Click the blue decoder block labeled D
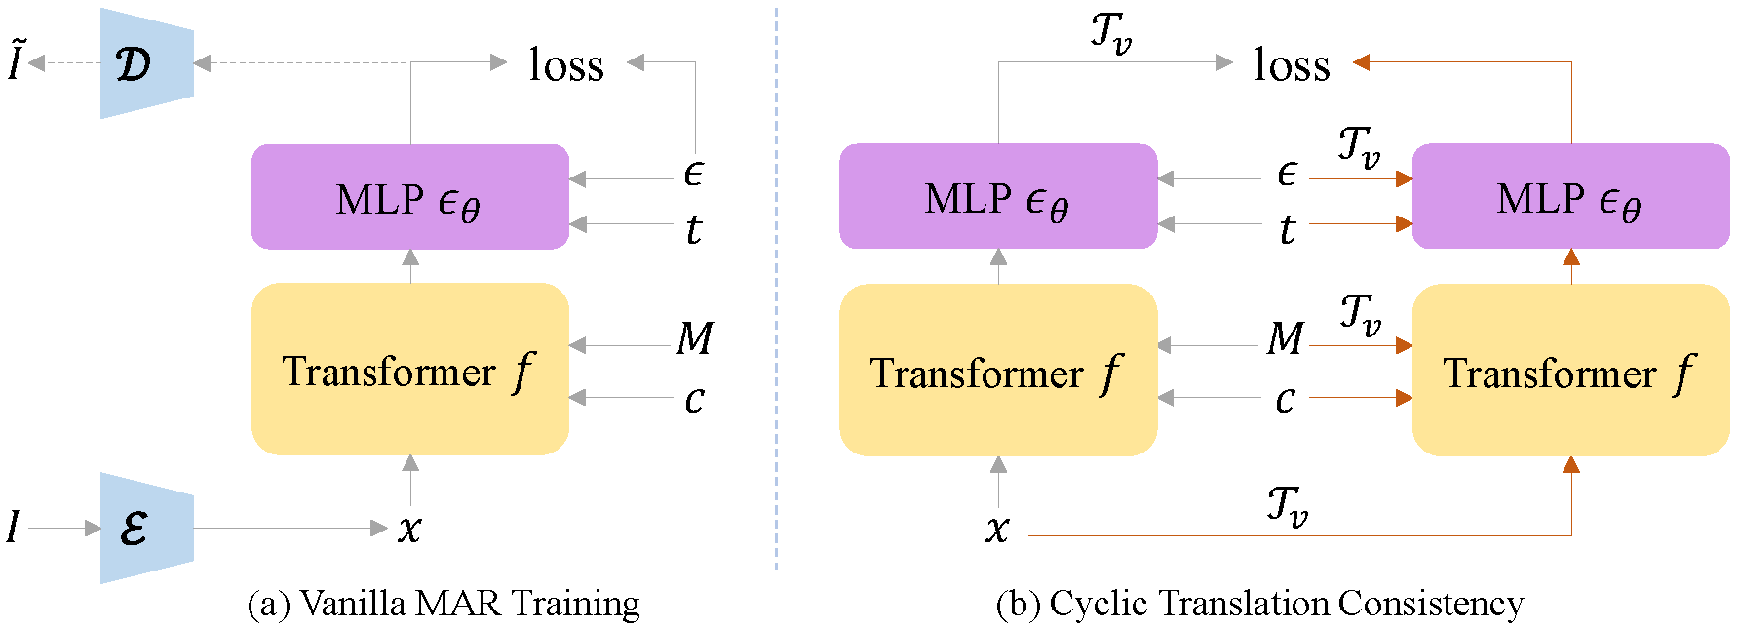(x=147, y=63)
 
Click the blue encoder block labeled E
(x=147, y=529)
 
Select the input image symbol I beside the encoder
(x=13, y=528)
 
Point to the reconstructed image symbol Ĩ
(x=15, y=60)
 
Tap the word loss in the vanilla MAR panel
(x=566, y=64)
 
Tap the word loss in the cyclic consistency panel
(x=1292, y=64)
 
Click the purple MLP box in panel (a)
(x=410, y=197)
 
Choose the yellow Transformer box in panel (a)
(x=410, y=370)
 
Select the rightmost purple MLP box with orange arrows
(x=1571, y=197)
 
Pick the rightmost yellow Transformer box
(x=1571, y=371)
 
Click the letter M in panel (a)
(x=695, y=338)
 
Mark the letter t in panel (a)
(x=693, y=230)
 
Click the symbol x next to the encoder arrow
(x=410, y=530)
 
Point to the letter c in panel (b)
(x=1286, y=399)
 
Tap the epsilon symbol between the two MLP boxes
(x=1287, y=174)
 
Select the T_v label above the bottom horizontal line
(x=1287, y=506)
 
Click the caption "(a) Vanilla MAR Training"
(x=444, y=604)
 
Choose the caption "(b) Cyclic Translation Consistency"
(x=1260, y=604)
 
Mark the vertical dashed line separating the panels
(x=776, y=288)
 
